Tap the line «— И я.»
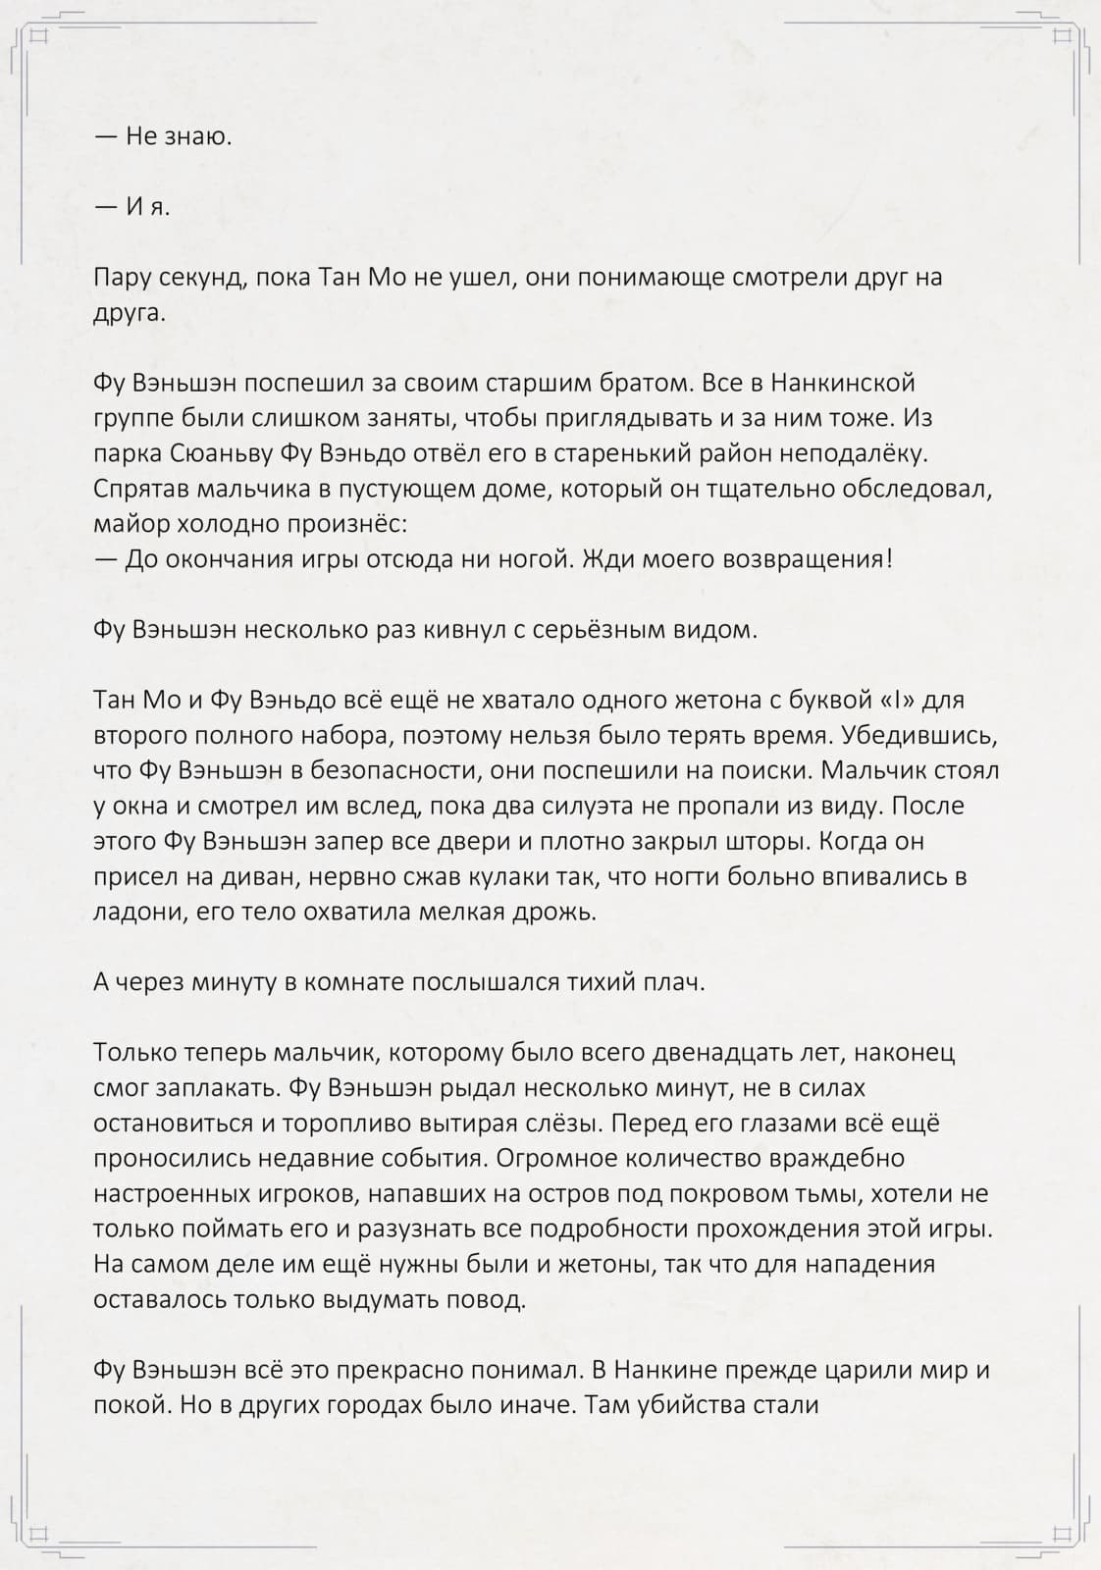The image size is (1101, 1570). point(132,207)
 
